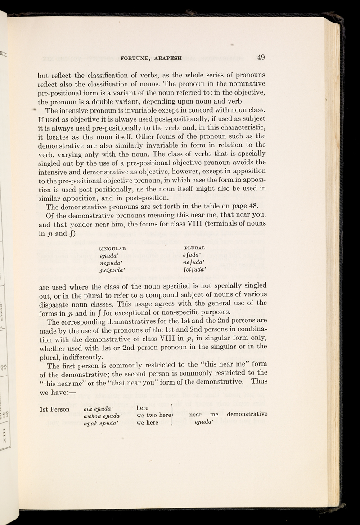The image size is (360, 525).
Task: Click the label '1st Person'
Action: coord(54,409)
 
